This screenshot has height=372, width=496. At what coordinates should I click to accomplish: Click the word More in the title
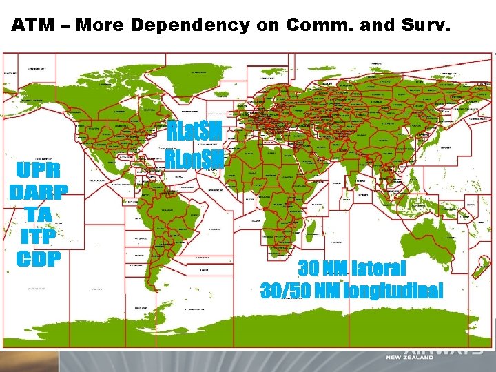point(101,26)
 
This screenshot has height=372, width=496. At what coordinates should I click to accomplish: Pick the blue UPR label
point(38,169)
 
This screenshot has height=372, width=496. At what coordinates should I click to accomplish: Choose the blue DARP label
point(38,192)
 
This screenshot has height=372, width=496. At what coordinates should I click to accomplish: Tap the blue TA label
point(38,215)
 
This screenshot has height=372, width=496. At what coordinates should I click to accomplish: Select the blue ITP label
point(38,238)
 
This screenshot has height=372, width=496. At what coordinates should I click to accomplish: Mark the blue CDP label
point(38,260)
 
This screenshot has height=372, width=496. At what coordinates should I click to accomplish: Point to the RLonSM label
point(195,159)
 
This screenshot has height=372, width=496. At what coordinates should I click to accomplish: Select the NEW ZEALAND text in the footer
point(410,358)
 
